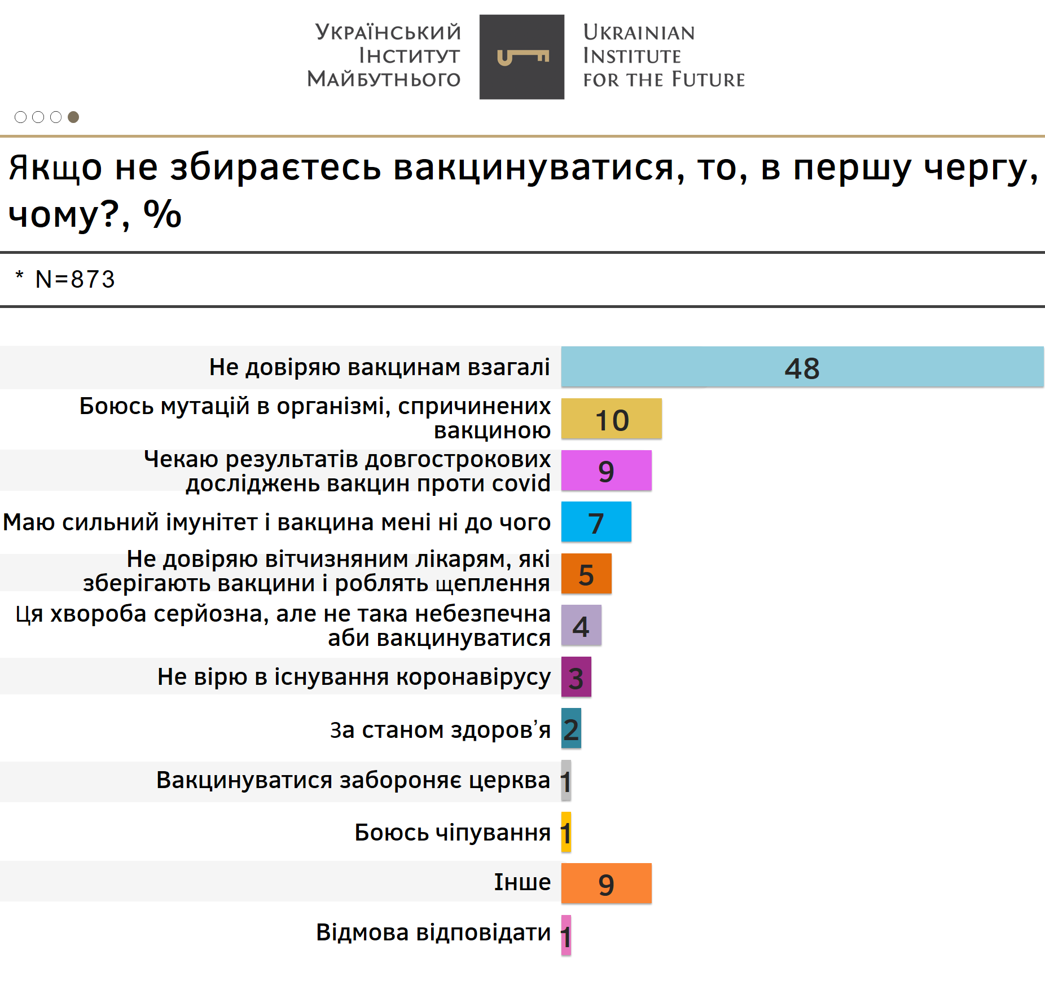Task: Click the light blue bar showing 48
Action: coord(802,367)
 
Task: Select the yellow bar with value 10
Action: coord(611,419)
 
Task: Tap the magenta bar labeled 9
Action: coord(606,470)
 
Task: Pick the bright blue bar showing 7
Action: coord(596,522)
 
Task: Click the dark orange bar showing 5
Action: coord(586,574)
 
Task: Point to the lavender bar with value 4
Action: coord(581,625)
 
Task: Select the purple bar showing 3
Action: coord(576,677)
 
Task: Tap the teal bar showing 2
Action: coord(571,728)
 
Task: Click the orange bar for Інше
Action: coord(606,883)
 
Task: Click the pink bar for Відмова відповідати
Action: coord(566,935)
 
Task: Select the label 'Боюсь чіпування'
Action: coord(453,833)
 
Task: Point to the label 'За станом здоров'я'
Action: coord(440,730)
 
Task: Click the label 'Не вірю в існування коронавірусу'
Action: coord(354,677)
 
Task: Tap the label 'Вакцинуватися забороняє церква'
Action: coord(353,781)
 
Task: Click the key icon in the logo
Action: coord(522,57)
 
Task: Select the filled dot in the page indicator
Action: coord(73,117)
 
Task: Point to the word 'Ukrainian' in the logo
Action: coord(639,33)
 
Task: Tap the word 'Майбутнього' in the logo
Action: coord(384,79)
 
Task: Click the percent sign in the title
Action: coord(163,214)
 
